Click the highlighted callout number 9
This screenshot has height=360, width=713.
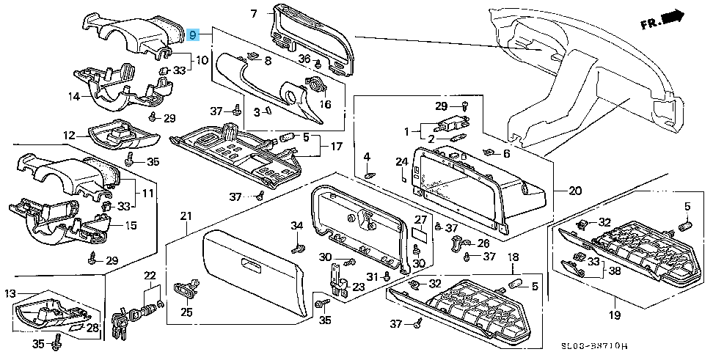[x=193, y=35]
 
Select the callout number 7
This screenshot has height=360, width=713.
[x=253, y=13]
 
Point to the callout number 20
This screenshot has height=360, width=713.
[x=574, y=191]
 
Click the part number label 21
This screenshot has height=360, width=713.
[x=186, y=216]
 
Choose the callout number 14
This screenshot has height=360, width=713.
[x=74, y=96]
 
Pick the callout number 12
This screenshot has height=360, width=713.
[x=69, y=135]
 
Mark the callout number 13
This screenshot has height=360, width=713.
[x=10, y=294]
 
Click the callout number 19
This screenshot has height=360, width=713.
[x=613, y=315]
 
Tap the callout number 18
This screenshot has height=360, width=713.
[x=513, y=257]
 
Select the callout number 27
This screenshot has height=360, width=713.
[x=420, y=219]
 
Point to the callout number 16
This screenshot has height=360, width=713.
[x=325, y=104]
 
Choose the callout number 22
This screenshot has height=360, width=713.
[x=150, y=276]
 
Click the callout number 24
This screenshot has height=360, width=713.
[x=401, y=161]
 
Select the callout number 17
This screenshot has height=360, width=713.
[x=336, y=147]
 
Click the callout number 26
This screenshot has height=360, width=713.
[x=483, y=243]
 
